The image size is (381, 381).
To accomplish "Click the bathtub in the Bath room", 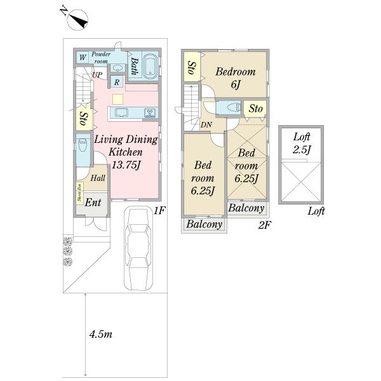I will click(150, 65).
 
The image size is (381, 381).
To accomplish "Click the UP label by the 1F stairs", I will click(97, 76).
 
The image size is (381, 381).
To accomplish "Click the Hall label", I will click(98, 179).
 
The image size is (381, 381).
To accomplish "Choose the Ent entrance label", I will click(93, 203).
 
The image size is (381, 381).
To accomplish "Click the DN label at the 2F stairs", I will click(206, 124).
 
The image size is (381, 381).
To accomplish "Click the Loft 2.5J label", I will click(300, 143).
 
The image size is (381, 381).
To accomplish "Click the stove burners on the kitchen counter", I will click(150, 113).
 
